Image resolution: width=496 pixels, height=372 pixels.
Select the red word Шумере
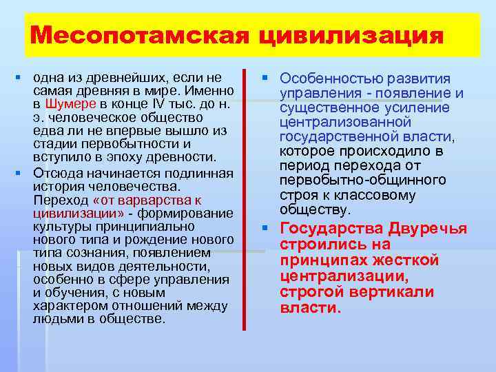[x=66, y=103]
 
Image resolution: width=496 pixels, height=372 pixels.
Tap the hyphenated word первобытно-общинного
[x=362, y=180]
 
